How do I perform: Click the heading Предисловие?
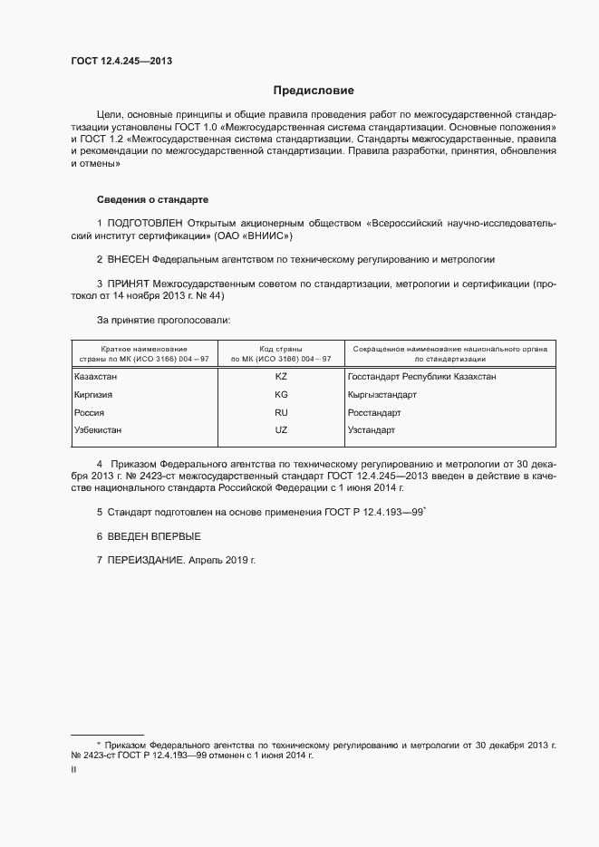(314, 91)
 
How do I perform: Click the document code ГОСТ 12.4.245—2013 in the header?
(121, 62)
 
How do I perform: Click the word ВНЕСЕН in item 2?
(134, 259)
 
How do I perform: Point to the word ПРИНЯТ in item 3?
(129, 284)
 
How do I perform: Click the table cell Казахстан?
(96, 377)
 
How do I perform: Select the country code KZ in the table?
(280, 377)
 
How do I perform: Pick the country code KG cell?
(280, 395)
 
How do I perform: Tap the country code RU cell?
(280, 412)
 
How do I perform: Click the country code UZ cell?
(280, 430)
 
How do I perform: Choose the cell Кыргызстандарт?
(382, 395)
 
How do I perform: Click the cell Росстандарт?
(373, 412)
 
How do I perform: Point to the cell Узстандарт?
(371, 430)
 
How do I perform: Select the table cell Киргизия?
(94, 395)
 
